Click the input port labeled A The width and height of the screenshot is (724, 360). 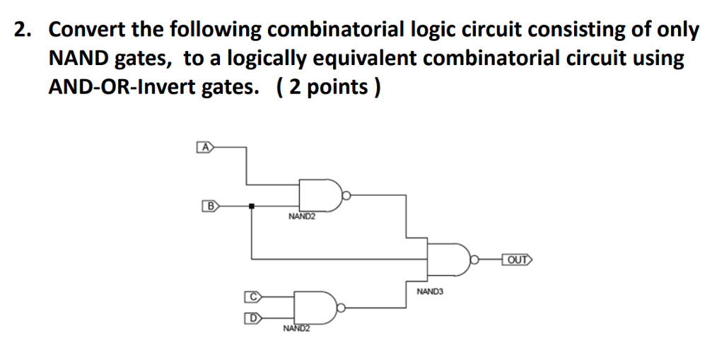pyautogui.click(x=204, y=148)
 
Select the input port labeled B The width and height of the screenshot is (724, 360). pyautogui.click(x=210, y=206)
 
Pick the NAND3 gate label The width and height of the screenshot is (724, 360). pyautogui.click(x=429, y=291)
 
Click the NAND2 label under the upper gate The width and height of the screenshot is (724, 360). pyautogui.click(x=302, y=216)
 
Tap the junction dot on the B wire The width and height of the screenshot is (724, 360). pyautogui.click(x=252, y=206)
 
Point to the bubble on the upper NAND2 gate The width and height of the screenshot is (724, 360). pyautogui.click(x=347, y=194)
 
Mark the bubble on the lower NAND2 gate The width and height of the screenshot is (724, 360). pyautogui.click(x=341, y=308)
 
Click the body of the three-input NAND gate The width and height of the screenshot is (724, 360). pyautogui.click(x=448, y=260)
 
